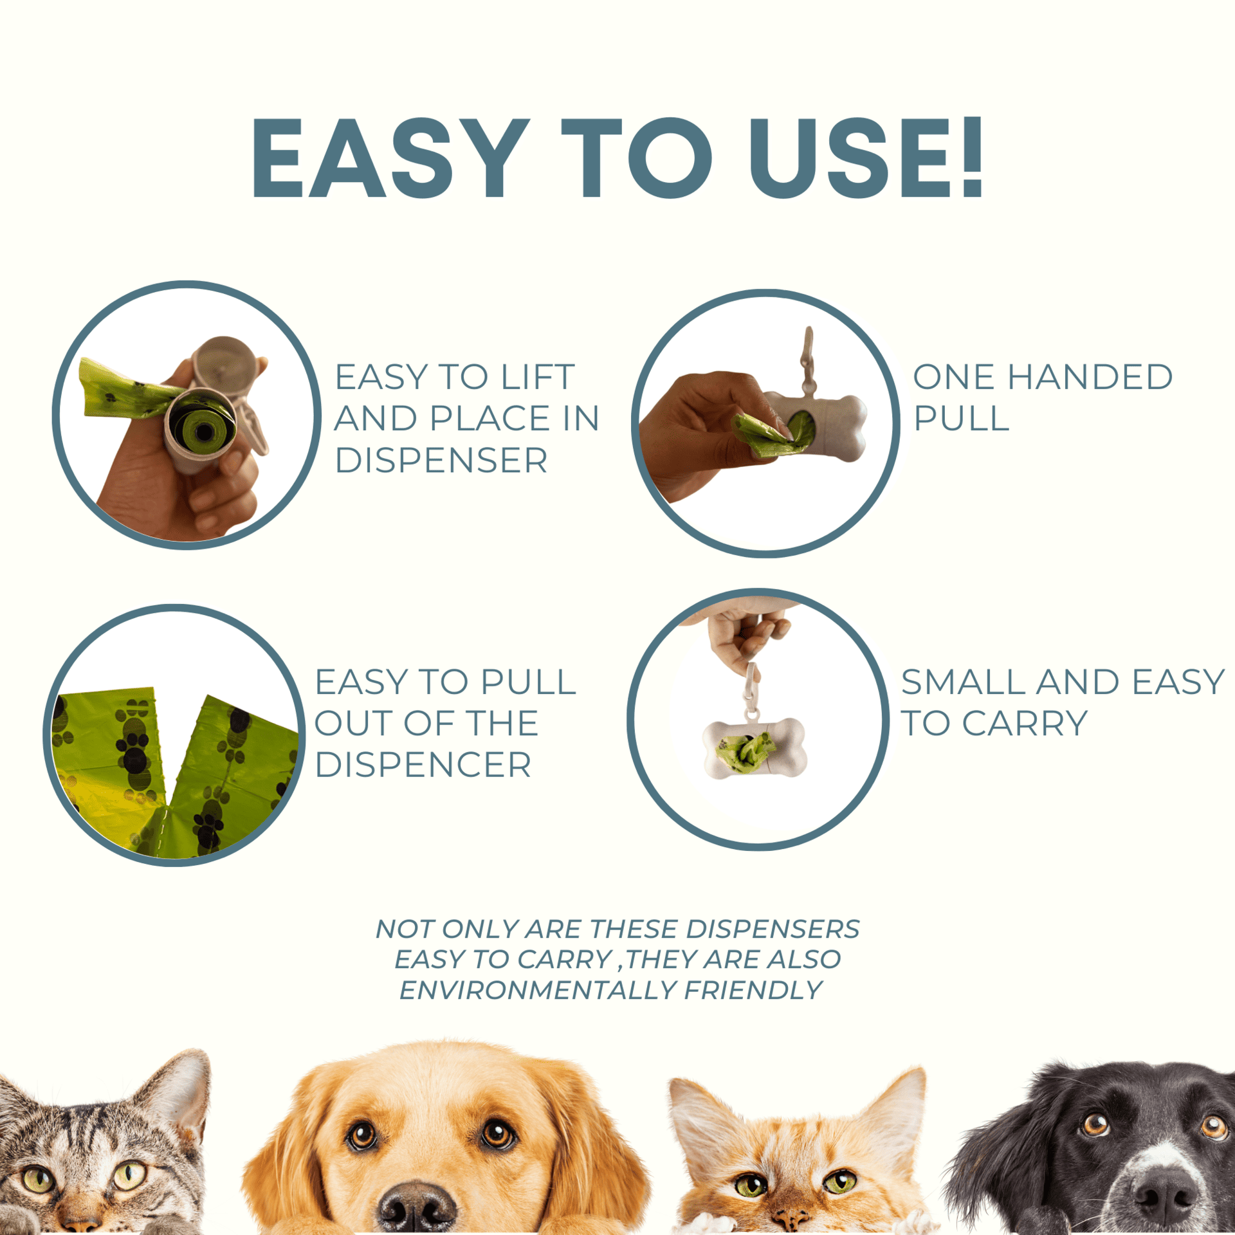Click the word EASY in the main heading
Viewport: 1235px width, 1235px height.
[390, 158]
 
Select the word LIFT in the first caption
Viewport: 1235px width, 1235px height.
[538, 377]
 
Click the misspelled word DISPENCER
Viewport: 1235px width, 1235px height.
[423, 765]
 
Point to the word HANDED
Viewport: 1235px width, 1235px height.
[1090, 377]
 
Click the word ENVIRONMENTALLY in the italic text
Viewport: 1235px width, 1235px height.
[538, 991]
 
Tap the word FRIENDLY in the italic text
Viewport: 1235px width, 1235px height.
[753, 991]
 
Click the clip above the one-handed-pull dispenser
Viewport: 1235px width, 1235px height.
[807, 361]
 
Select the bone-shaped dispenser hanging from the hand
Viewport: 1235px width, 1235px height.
[754, 749]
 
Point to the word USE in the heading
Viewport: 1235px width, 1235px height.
[850, 158]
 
